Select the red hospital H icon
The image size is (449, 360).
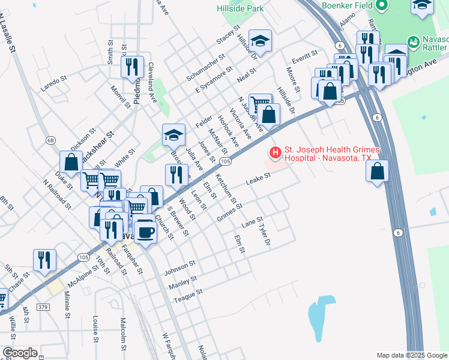[x=275, y=153]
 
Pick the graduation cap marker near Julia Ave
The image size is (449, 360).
[x=173, y=135]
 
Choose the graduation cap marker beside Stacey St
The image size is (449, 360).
[x=260, y=41]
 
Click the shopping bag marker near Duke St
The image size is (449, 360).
[x=71, y=161]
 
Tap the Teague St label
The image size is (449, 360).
[x=189, y=293]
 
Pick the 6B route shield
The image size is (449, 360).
[x=50, y=140]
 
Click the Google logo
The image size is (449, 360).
[x=20, y=353]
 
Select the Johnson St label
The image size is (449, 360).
[x=181, y=266]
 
